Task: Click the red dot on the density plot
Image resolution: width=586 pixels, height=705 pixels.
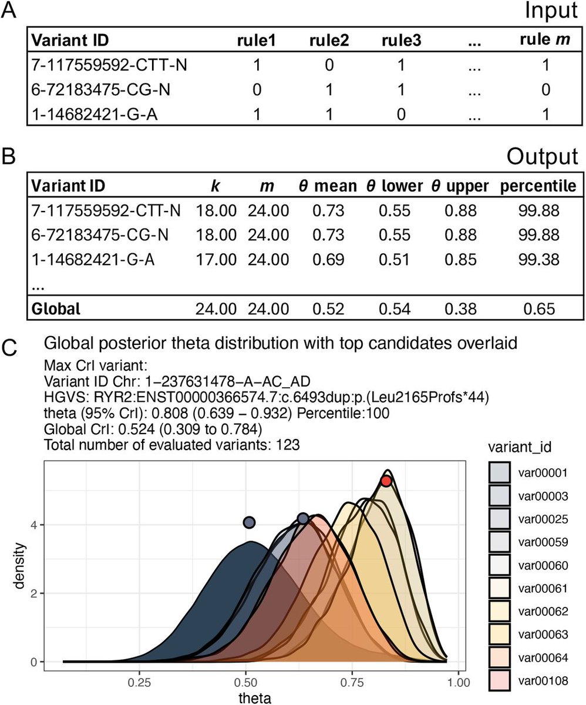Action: [386, 481]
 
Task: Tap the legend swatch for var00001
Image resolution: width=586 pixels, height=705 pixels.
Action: [499, 472]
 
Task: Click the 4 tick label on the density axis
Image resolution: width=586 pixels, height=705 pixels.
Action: [33, 525]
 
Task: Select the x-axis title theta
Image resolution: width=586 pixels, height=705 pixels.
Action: [255, 697]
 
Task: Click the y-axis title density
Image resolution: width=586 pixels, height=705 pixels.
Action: [19, 566]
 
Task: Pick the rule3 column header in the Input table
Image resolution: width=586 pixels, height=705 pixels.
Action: [402, 40]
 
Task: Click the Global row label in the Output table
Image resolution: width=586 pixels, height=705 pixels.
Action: [56, 308]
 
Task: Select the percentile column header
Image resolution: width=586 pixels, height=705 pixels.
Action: [538, 186]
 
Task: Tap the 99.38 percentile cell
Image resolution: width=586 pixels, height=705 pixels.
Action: [539, 259]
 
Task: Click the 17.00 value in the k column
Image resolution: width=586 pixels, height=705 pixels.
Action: [216, 259]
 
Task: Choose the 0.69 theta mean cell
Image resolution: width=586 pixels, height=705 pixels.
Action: [328, 259]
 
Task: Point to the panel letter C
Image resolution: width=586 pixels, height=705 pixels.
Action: [9, 347]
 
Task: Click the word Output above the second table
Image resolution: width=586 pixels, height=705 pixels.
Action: [542, 157]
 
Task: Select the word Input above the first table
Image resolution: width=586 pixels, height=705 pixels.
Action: [551, 11]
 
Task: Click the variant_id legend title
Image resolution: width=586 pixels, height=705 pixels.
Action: [520, 447]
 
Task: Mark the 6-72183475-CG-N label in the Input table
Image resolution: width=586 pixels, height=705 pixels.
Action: [100, 89]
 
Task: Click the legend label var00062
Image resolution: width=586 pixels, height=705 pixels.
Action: [543, 611]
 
